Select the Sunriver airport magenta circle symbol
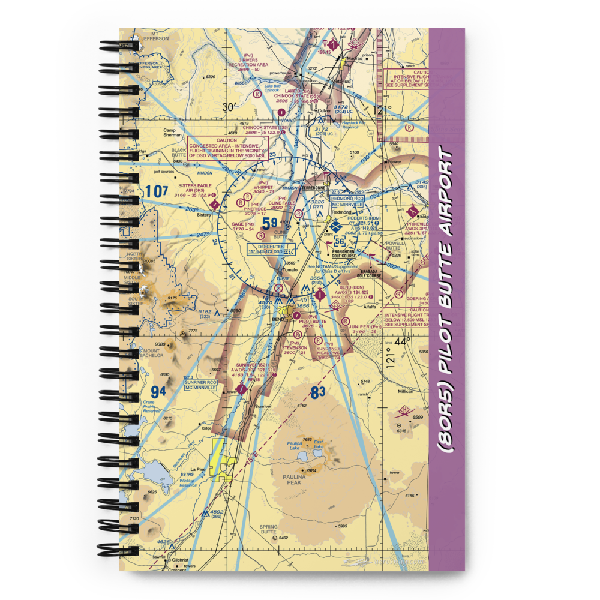[x=241, y=389]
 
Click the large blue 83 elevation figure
[x=318, y=393]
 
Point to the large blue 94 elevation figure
[x=158, y=392]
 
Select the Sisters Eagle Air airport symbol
[x=215, y=205]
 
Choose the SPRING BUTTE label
[x=269, y=529]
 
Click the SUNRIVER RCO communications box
[x=200, y=385]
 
